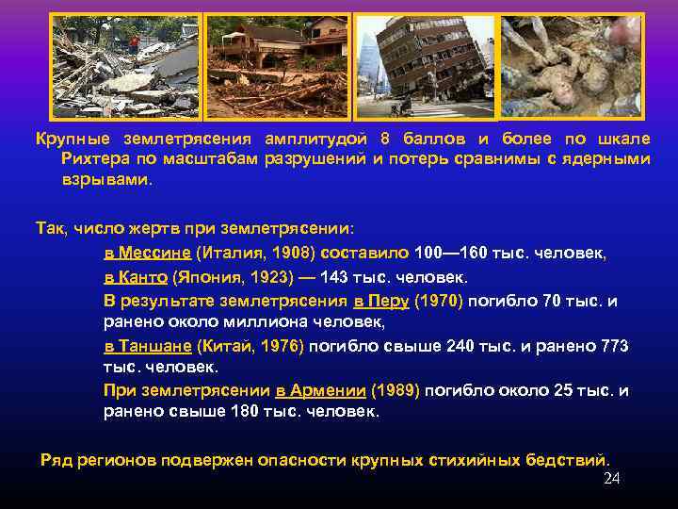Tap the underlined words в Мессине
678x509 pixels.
point(147,254)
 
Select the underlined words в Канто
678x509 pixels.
point(136,278)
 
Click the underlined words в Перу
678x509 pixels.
point(380,302)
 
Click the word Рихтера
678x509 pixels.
point(89,159)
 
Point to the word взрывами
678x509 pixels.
point(105,179)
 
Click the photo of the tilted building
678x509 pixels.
point(427,65)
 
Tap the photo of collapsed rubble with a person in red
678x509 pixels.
point(124,65)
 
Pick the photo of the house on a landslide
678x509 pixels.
point(277,65)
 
